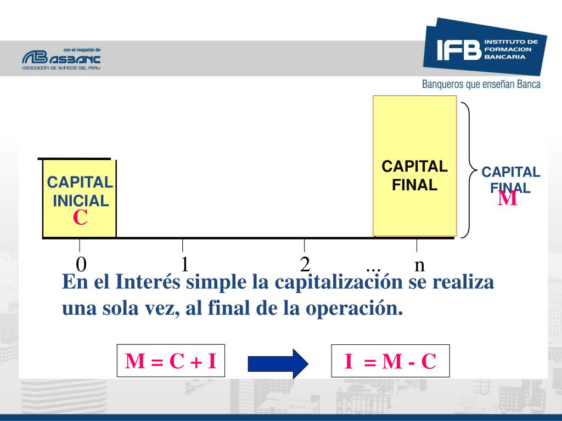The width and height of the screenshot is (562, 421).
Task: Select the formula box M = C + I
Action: pos(171,361)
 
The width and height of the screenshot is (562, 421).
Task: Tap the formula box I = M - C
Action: pos(390,361)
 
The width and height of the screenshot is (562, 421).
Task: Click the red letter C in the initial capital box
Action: pos(80,218)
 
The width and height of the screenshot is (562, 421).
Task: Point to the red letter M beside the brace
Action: pos(508,197)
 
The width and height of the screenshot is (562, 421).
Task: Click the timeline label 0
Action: pos(81,265)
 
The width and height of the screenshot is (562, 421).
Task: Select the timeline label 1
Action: pos(185,264)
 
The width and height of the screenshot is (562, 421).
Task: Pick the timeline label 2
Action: pos(305,265)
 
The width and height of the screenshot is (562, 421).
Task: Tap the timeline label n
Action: pos(419,265)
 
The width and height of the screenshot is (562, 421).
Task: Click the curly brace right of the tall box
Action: pos(467,170)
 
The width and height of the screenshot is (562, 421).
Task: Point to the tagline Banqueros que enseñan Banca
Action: pos(481,84)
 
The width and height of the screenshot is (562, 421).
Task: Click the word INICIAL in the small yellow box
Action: pos(81,201)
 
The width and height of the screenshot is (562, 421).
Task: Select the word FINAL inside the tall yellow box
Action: pos(414,185)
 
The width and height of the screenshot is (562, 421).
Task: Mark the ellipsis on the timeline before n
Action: pos(374,269)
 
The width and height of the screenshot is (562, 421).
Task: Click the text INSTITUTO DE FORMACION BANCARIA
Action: pos(510,49)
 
